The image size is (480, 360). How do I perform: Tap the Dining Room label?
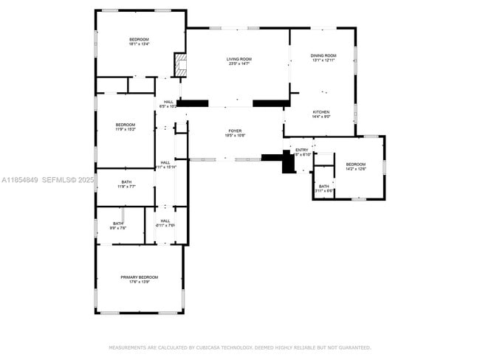(323, 55)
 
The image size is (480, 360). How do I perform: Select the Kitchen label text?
(320, 112)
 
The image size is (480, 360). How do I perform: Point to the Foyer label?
(235, 131)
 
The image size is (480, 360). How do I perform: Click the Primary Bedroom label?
(140, 277)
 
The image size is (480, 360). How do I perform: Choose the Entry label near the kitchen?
(302, 150)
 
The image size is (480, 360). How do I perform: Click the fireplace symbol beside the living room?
(179, 64)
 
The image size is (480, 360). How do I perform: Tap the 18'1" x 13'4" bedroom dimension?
(140, 44)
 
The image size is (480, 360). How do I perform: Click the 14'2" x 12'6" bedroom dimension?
(355, 169)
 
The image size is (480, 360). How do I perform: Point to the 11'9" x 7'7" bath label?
(126, 187)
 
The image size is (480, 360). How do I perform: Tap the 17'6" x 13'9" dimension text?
(140, 283)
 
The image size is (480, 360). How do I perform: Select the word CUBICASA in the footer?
(210, 347)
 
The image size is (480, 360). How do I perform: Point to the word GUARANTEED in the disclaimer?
(354, 347)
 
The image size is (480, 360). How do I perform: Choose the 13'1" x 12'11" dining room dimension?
(323, 60)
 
